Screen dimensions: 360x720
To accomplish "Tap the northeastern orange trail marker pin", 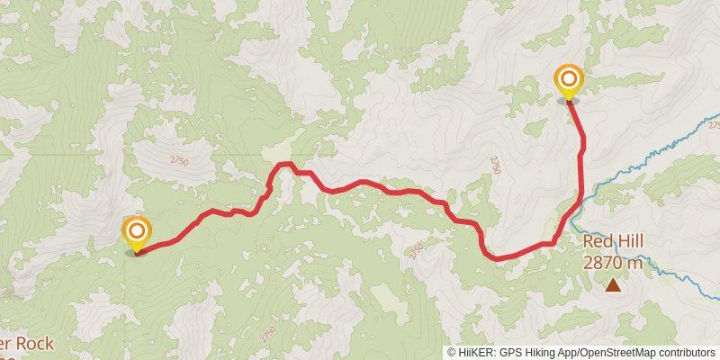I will coord(568,84).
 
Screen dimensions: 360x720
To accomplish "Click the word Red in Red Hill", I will coord(598,242).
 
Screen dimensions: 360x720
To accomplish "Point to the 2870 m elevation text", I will coord(613,263).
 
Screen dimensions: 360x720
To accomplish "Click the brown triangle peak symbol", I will coord(613,286).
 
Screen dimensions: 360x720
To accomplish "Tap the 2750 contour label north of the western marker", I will coord(178,160).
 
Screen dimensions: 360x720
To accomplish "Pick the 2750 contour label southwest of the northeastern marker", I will coord(495,162).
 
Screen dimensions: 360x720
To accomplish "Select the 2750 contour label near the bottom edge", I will coord(268,333).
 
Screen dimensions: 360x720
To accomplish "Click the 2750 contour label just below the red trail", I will coord(415,249).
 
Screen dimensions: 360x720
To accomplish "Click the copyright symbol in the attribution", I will coord(452,353).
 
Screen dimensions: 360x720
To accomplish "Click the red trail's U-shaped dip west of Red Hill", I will coord(494,256).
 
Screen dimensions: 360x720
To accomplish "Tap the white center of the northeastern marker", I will coord(568,78).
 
